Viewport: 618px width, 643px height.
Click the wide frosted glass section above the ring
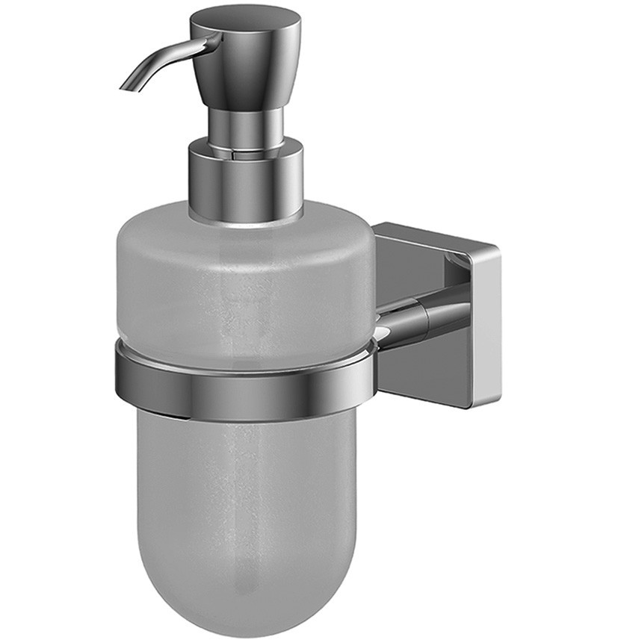[239, 284]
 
